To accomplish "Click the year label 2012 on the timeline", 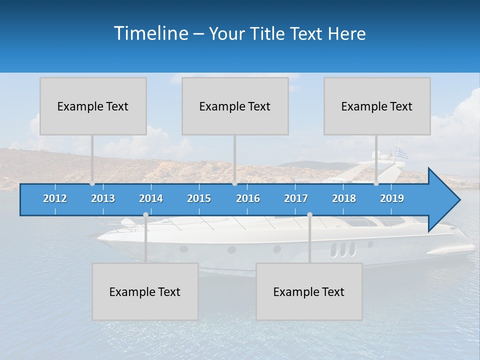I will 55,198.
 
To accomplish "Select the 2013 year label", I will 103,198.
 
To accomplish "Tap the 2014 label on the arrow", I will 151,198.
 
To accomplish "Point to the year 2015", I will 199,198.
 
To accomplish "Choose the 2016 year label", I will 248,198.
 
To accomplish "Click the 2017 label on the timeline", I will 296,198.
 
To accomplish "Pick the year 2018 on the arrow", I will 344,198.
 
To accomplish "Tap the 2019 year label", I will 392,198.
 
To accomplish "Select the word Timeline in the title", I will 150,33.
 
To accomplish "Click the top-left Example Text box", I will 93,106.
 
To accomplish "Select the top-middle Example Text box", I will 235,106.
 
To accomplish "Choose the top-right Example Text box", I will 377,106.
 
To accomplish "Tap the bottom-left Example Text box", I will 145,291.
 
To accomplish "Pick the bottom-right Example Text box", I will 309,291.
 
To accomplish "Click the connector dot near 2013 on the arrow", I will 92,183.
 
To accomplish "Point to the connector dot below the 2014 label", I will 145,215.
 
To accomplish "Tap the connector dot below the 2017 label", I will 309,215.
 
